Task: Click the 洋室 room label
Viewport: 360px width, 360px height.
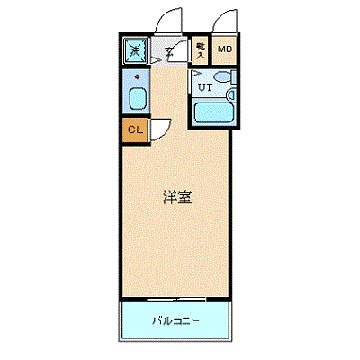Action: click(176, 197)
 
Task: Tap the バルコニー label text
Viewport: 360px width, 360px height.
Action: click(175, 319)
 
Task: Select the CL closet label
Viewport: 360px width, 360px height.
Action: click(134, 130)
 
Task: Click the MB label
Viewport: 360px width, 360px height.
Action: click(223, 49)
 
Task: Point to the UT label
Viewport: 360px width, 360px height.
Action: click(205, 87)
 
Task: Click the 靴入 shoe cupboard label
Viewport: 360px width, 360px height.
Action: click(200, 49)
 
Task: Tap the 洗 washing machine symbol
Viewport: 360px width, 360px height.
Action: click(134, 51)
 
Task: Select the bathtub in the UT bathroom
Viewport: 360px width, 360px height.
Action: click(214, 114)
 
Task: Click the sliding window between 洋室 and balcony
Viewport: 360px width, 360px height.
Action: click(176, 298)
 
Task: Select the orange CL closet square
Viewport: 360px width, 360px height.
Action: click(134, 130)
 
